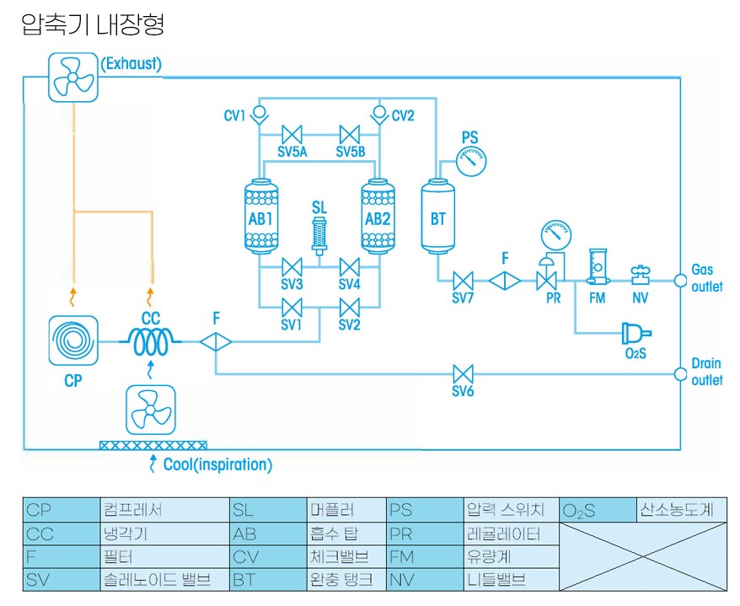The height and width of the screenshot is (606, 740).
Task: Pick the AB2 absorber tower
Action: [377, 217]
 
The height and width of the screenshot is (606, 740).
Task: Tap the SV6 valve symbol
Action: [463, 373]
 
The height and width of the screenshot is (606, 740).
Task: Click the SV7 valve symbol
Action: [463, 281]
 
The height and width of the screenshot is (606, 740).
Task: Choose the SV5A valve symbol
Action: [293, 135]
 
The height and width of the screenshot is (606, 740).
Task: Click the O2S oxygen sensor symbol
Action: [634, 333]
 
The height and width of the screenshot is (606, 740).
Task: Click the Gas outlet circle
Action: [680, 281]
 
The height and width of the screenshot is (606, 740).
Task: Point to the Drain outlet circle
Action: [680, 373]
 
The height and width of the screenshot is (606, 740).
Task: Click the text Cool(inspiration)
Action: [217, 464]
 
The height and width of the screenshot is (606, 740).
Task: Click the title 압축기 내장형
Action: [93, 24]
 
